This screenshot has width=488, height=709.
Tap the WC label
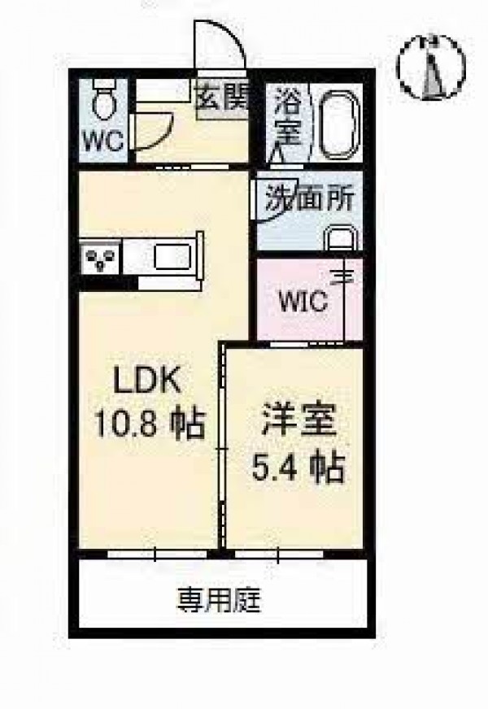point(103,141)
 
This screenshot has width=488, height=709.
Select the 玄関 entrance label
point(222,96)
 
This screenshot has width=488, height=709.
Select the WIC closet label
point(303,300)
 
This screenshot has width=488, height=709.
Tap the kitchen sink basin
point(171,257)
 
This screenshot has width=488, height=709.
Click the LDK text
point(147,381)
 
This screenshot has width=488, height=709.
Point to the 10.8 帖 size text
point(150,424)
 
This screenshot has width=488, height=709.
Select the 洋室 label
point(298,420)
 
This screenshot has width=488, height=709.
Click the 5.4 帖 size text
point(298,467)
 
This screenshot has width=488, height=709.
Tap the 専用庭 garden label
point(220,600)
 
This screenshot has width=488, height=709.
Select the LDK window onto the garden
point(156,554)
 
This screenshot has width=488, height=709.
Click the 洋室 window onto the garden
point(279,554)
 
